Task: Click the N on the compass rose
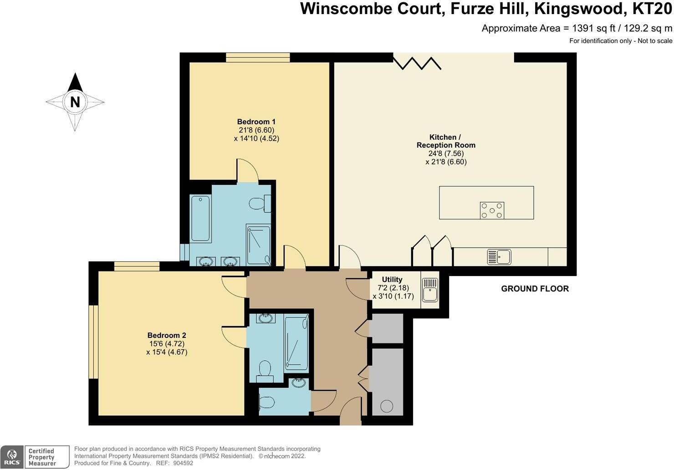75,102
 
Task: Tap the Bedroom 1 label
256,122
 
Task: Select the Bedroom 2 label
167,336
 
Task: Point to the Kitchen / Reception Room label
446,141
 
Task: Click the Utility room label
392,280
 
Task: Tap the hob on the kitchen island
492,210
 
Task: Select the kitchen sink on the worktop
499,257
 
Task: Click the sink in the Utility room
430,290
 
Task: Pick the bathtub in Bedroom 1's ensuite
200,218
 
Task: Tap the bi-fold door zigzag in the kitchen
417,62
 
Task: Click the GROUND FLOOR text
535,289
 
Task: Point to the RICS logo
12,457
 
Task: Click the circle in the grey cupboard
387,406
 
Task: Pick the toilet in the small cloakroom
266,403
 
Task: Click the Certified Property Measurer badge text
41,457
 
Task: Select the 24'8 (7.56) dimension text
446,153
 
